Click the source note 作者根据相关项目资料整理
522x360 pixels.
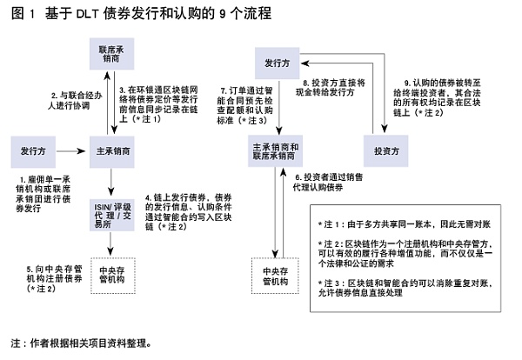[78, 342]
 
